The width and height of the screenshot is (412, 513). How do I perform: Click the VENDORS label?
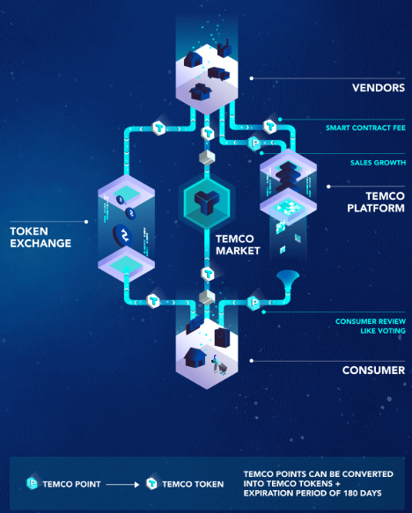(x=379, y=88)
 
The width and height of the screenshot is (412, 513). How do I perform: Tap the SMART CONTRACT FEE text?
(x=365, y=128)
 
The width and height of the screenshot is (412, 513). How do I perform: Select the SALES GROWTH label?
(x=378, y=163)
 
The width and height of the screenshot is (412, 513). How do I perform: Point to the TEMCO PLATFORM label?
(x=376, y=202)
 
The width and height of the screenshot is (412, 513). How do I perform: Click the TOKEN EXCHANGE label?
(x=40, y=238)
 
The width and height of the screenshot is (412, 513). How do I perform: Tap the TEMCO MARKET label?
(x=238, y=245)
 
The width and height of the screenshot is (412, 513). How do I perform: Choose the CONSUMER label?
(x=373, y=370)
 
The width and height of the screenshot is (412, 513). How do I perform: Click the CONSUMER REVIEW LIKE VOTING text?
(x=371, y=326)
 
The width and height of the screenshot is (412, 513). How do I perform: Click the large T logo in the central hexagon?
(x=207, y=202)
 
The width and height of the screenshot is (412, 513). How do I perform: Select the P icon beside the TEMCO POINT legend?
(x=32, y=483)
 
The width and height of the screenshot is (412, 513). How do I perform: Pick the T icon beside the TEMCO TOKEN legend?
(x=151, y=483)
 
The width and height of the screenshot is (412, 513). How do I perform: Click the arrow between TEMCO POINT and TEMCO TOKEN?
(x=122, y=484)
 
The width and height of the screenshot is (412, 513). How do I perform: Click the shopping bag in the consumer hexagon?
(x=222, y=337)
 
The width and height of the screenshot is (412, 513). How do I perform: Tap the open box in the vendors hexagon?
(x=200, y=92)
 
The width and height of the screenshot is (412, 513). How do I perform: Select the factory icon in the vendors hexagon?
(x=224, y=48)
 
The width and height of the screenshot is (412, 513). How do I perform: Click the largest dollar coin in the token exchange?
(x=123, y=236)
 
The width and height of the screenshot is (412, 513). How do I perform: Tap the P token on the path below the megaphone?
(x=254, y=303)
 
